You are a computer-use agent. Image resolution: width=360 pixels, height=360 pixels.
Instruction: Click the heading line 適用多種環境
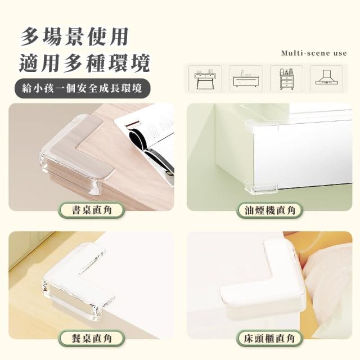pos(84,63)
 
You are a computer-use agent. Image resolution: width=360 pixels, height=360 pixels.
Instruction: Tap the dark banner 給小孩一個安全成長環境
pos(83,88)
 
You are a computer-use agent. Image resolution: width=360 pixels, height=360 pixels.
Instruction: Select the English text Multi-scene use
pos(314,53)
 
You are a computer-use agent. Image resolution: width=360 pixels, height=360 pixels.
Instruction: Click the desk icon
pos(205,79)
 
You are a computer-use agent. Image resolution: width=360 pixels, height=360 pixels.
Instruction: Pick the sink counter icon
pos(245,79)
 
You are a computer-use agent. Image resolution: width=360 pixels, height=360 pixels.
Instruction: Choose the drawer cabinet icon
pos(286,79)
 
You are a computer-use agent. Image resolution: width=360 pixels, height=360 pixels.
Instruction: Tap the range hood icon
pos(326,79)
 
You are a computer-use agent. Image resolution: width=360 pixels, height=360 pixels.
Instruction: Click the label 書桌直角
pos(92,210)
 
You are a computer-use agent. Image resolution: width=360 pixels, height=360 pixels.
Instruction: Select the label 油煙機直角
pos(270,210)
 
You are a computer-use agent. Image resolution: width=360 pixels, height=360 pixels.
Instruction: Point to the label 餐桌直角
pos(92,338)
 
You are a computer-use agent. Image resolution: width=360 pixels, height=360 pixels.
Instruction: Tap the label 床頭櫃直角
pos(269,338)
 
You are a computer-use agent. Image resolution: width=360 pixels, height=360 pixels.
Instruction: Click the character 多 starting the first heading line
pos(30,37)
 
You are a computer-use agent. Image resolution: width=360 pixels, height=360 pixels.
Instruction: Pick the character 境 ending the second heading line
pos(139,63)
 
